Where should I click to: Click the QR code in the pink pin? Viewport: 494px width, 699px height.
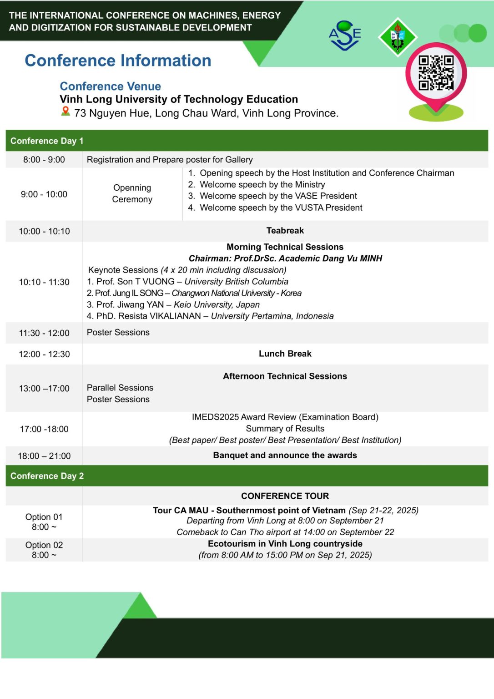(436, 73)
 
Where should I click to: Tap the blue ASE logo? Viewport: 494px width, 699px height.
(345, 35)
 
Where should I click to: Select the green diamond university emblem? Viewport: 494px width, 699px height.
(398, 37)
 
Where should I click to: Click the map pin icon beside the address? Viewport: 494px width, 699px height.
(66, 111)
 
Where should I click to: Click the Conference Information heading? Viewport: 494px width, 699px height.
(118, 61)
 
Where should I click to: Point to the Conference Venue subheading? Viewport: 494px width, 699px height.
(110, 86)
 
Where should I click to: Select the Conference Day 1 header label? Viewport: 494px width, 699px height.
(47, 141)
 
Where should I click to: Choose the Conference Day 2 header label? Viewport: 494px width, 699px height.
(47, 476)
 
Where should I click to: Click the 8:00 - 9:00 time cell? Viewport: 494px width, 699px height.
(44, 160)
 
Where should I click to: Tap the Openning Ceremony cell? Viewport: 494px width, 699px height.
(132, 193)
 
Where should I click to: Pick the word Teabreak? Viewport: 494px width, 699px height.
(285, 231)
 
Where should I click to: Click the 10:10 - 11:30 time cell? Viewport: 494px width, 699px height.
(44, 282)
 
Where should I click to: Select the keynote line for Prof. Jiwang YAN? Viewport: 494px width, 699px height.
(173, 304)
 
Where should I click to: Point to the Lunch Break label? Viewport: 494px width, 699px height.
(285, 354)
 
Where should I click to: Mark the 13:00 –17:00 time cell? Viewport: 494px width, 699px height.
(44, 389)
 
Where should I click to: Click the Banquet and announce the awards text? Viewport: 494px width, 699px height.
(285, 456)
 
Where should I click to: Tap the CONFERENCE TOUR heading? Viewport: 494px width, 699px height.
(285, 496)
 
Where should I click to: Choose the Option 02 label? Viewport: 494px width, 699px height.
(44, 545)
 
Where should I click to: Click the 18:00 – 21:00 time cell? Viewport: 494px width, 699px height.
(44, 456)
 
